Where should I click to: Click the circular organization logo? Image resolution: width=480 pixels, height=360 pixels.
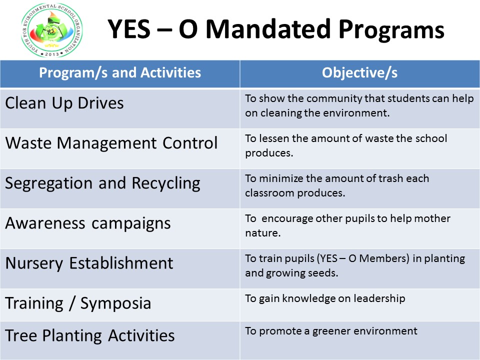click(x=51, y=30)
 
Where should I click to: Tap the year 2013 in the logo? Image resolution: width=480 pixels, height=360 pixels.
click(x=51, y=54)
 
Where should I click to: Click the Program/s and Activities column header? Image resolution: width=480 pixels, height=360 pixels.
click(x=120, y=73)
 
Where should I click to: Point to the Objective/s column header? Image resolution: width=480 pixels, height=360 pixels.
click(x=359, y=73)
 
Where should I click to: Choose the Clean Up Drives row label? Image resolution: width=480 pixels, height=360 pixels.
click(x=64, y=103)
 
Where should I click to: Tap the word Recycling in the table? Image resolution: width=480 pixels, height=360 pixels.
click(x=166, y=183)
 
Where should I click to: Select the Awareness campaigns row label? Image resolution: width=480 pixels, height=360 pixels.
click(x=88, y=223)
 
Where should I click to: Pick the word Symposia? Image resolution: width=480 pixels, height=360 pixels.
click(x=115, y=303)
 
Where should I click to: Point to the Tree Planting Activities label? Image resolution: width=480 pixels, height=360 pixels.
click(x=90, y=335)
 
